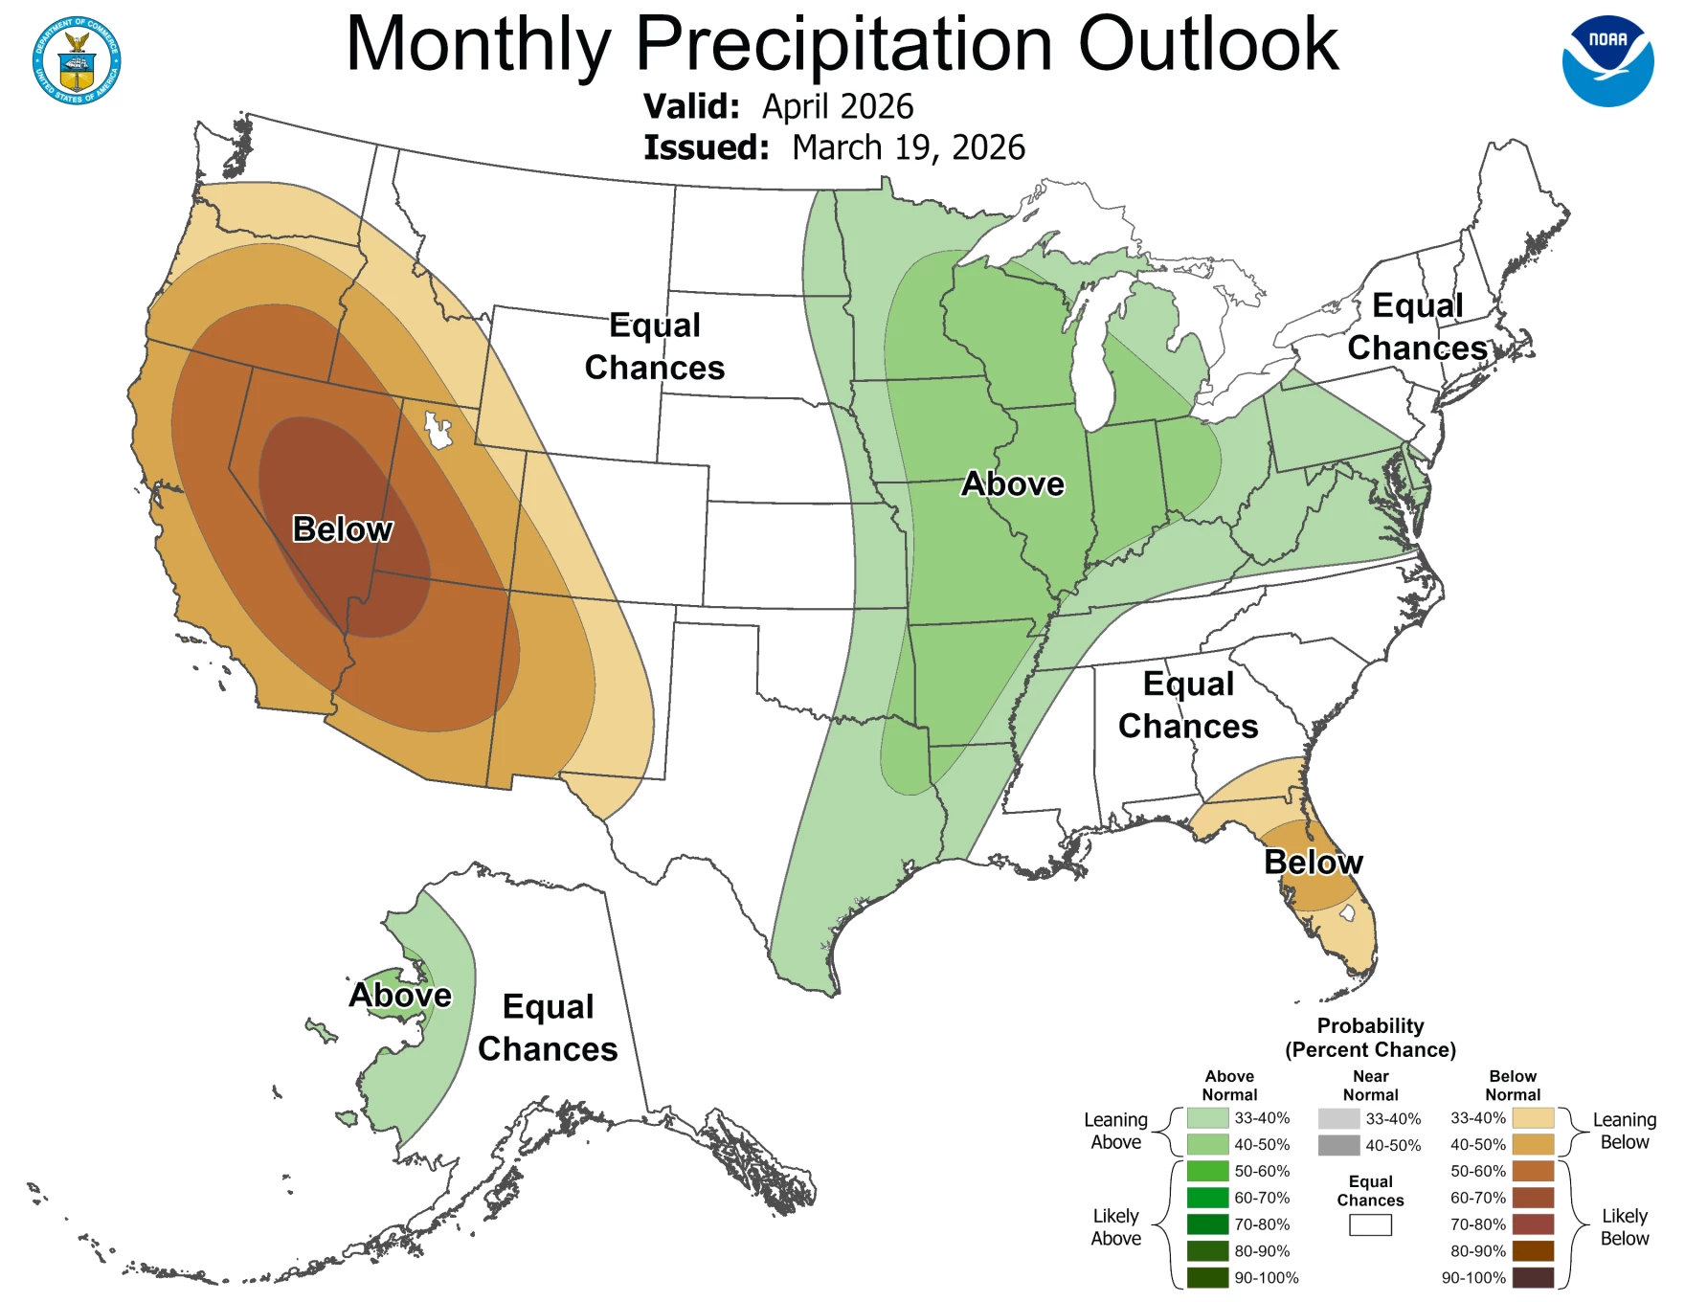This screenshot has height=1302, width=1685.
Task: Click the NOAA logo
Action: click(1607, 60)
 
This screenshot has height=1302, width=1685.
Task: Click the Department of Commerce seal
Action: click(77, 60)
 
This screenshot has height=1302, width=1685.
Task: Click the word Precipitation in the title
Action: click(843, 44)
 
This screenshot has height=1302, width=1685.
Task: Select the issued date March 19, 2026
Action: click(908, 147)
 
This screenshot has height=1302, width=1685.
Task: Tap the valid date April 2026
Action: click(837, 106)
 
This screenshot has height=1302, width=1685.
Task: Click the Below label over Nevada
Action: click(342, 529)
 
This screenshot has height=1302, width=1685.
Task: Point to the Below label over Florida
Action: click(1313, 862)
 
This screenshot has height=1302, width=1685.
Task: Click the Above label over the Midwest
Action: click(1012, 483)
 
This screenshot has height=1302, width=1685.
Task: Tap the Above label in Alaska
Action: click(399, 995)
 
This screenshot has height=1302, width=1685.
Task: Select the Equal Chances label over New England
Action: click(1417, 326)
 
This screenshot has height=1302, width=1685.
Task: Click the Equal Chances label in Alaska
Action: click(548, 1027)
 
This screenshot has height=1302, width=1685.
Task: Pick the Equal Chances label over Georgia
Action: click(1188, 705)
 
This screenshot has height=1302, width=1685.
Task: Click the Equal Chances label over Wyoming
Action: click(655, 346)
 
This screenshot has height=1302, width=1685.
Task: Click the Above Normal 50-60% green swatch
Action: click(1207, 1171)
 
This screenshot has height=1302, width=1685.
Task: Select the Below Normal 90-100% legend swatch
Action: click(1533, 1277)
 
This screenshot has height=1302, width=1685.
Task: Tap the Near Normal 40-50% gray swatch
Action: click(1338, 1145)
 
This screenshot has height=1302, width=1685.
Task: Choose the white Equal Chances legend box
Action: click(1370, 1224)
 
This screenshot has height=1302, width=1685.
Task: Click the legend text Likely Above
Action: click(1115, 1226)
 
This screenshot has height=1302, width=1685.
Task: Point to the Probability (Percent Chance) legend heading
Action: click(1370, 1038)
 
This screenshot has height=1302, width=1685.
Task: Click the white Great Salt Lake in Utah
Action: click(438, 431)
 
